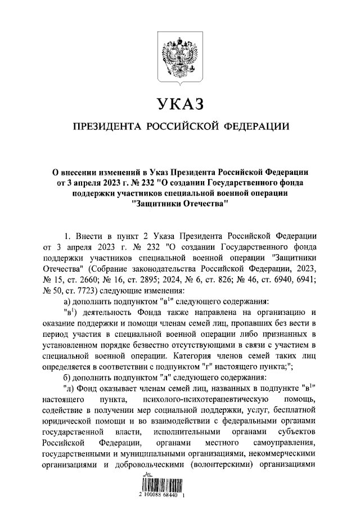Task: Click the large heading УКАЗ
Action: tap(179, 104)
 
